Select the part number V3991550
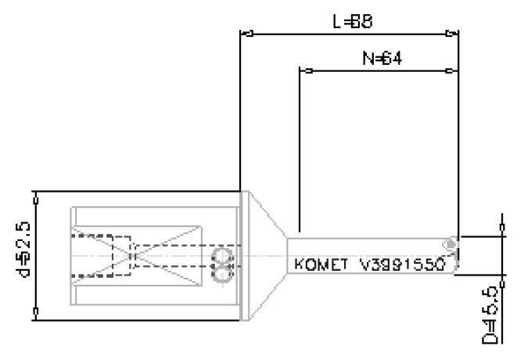[x=403, y=265]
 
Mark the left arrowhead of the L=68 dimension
[x=246, y=34]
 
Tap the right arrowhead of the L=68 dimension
[x=452, y=34]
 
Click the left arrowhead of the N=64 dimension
[x=306, y=71]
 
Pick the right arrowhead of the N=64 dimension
[x=452, y=71]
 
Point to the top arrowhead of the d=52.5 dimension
[x=36, y=194]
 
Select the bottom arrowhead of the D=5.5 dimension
[x=501, y=275]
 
